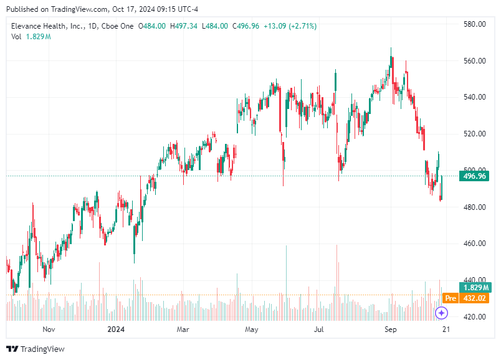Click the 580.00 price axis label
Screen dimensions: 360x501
[x=474, y=24]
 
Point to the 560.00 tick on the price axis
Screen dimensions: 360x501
[x=474, y=61]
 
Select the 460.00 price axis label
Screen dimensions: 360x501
[x=474, y=244]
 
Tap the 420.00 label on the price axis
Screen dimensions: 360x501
[x=474, y=317]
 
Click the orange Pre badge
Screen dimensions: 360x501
[x=451, y=298]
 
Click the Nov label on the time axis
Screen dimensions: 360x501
[x=49, y=329]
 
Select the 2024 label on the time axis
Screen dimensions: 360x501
[x=117, y=329]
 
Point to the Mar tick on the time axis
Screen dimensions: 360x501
[x=183, y=329]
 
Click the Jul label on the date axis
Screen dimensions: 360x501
[x=319, y=329]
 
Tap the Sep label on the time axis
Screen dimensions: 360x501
[x=390, y=329]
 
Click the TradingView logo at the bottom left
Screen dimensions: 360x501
[x=36, y=349]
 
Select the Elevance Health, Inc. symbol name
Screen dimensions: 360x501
[x=47, y=26]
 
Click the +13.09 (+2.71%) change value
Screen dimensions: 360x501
[x=290, y=26]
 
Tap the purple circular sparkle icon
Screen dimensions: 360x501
[x=441, y=313]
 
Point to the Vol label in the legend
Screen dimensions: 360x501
[x=16, y=37]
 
